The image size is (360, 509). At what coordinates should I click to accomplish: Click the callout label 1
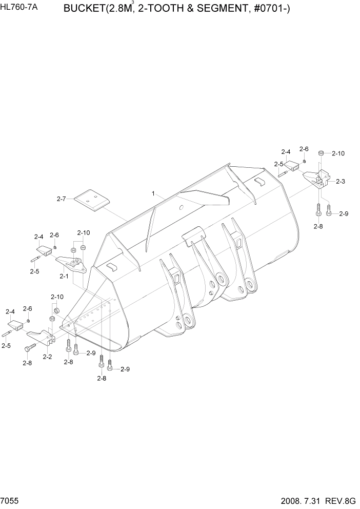[x=153, y=193]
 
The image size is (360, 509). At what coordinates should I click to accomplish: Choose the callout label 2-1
[x=64, y=276]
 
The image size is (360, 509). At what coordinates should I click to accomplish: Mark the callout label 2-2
[x=47, y=356]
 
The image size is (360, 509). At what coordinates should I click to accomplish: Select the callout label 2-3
[x=341, y=181]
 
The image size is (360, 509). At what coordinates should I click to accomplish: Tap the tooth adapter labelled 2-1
[x=71, y=263]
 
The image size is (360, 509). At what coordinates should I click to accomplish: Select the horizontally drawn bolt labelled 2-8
[x=29, y=348]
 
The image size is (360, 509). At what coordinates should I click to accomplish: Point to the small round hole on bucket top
[x=182, y=208]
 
